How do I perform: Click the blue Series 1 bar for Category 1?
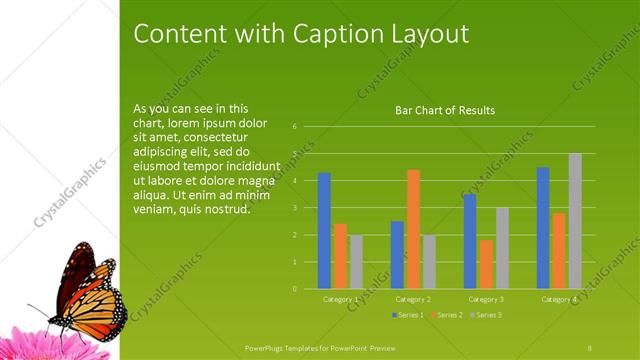tap(324, 230)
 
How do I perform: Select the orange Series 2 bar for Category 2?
tap(413, 229)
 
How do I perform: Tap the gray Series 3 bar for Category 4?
tap(575, 220)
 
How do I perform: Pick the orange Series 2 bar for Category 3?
tap(486, 264)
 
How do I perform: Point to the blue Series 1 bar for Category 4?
tap(543, 227)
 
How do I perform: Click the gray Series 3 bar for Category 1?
tap(356, 261)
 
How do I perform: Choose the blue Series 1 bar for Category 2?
tap(397, 254)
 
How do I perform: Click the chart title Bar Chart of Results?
tap(445, 110)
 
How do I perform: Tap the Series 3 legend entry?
tap(486, 315)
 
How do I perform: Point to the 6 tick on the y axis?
tap(295, 127)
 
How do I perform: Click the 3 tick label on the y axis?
tap(295, 208)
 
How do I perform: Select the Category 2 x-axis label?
tap(413, 299)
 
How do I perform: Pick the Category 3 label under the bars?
tap(486, 299)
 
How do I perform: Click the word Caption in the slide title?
tap(333, 33)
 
